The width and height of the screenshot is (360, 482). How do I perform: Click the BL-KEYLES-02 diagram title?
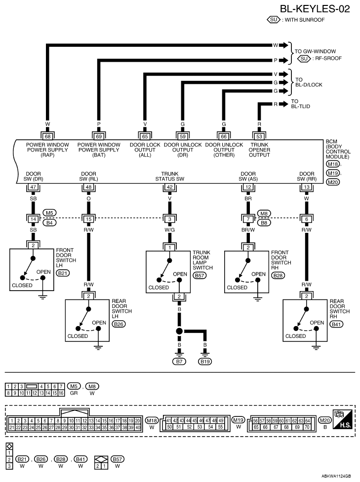[x=315, y=9]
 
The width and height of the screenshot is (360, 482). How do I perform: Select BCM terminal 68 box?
[x=47, y=137]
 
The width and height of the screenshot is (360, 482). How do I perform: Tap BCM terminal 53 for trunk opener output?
[x=259, y=137]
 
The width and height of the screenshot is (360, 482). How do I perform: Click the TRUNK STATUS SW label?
[x=169, y=177]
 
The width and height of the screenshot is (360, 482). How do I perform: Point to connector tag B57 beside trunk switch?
[x=200, y=275]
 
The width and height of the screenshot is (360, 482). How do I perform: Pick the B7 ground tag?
[x=179, y=362]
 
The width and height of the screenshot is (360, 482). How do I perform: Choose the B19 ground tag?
[x=205, y=362]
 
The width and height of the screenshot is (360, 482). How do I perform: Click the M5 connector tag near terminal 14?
[x=49, y=213]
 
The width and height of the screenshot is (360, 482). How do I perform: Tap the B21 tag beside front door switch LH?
[x=63, y=273]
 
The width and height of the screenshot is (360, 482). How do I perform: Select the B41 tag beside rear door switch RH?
[x=336, y=324]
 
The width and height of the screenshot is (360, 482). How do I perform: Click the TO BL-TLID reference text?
[x=300, y=104]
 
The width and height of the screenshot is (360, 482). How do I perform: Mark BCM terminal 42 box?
[x=169, y=187]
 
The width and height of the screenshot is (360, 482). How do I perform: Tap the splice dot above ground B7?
[x=179, y=331]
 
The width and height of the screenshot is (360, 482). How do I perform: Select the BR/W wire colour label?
[x=248, y=229]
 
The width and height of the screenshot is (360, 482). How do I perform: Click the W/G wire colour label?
[x=169, y=229]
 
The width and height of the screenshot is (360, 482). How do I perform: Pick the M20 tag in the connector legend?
[x=325, y=420]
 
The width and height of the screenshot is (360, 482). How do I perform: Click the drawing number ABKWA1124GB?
[x=336, y=476]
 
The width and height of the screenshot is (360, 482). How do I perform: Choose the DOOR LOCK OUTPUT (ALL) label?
[x=145, y=149]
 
